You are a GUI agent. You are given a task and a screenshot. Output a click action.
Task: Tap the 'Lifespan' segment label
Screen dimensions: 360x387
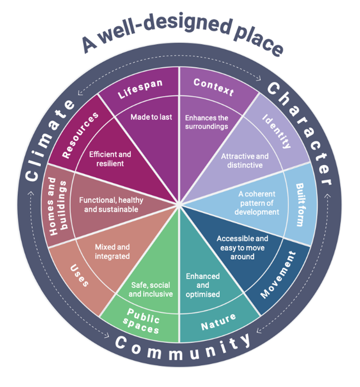(140, 89)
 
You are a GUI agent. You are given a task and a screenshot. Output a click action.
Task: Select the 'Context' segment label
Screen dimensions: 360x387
(214, 87)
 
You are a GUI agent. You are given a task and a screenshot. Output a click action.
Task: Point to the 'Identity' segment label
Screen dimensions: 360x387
(277, 131)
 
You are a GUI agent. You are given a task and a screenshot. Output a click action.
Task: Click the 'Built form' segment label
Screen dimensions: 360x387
(300, 204)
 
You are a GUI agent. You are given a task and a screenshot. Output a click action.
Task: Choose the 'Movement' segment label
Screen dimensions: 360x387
(278, 275)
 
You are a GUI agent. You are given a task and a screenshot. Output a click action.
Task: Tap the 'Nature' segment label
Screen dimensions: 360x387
(218, 322)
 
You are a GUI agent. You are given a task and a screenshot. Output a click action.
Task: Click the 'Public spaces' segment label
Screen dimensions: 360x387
(141, 321)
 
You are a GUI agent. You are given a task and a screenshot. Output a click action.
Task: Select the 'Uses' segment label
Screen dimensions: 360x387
(79, 276)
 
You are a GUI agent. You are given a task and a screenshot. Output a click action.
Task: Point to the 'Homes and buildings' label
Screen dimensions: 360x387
(58, 206)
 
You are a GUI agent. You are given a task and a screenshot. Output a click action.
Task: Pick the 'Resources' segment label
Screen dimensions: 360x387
(80, 135)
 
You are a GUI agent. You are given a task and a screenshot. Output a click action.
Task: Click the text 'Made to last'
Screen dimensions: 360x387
(151, 117)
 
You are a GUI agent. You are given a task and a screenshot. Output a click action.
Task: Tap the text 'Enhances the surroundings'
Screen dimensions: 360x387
(207, 122)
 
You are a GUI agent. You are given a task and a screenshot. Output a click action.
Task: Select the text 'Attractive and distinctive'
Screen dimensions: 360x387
(245, 161)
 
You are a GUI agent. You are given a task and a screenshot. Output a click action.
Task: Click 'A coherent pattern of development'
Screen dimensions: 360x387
(257, 203)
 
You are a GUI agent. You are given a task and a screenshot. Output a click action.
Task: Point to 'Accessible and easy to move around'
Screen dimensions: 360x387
(242, 248)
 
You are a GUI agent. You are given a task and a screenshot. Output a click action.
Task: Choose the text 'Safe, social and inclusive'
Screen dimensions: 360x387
(151, 290)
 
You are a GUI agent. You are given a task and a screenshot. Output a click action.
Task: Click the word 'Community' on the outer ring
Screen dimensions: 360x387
(183, 347)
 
